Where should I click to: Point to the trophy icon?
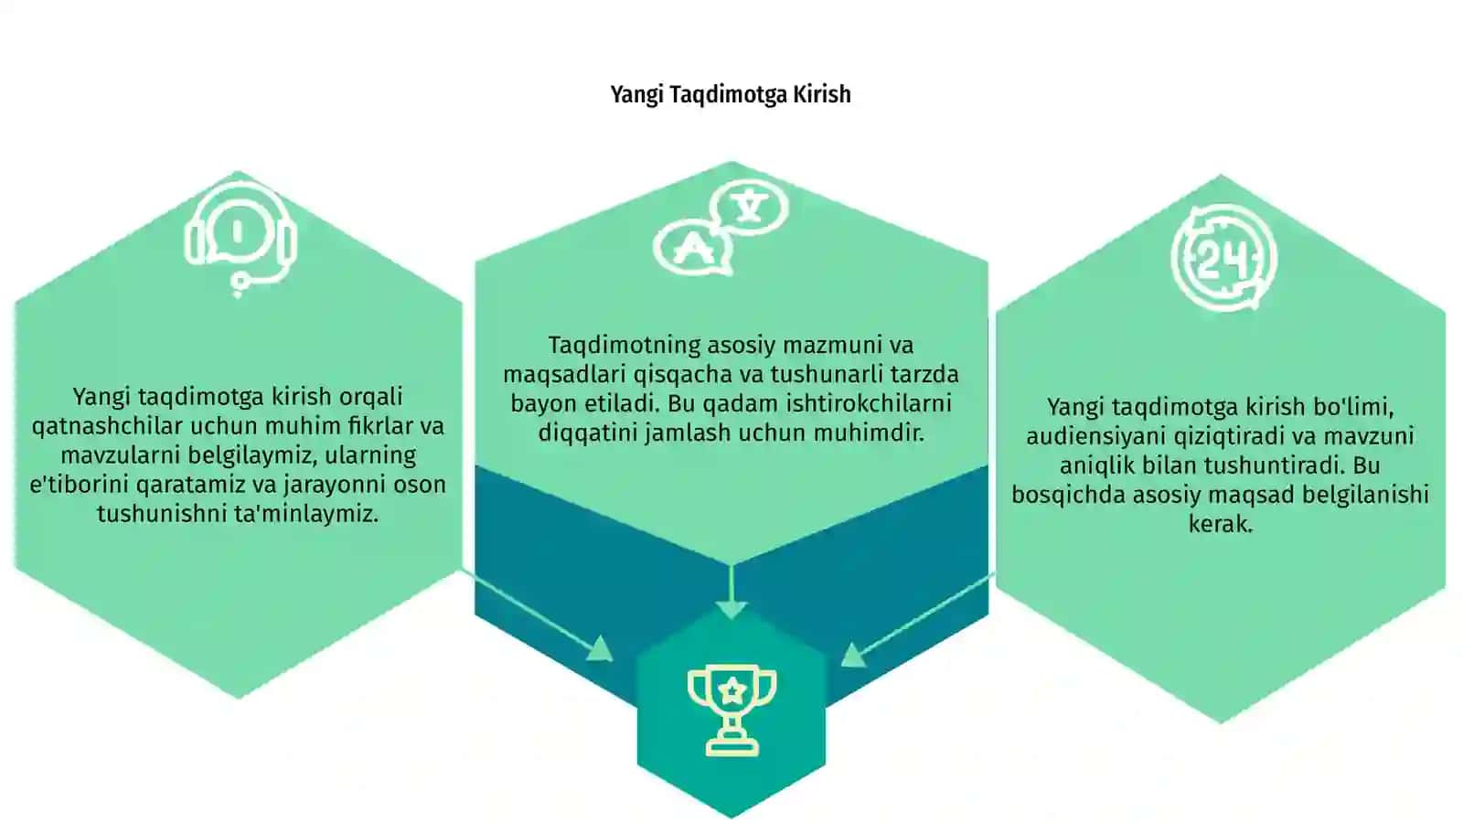(731, 710)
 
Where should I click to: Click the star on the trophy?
(732, 689)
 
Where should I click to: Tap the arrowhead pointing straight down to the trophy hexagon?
(731, 609)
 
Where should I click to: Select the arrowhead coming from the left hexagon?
(600, 648)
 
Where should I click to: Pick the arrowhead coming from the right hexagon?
(853, 655)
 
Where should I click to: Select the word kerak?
(1221, 524)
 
